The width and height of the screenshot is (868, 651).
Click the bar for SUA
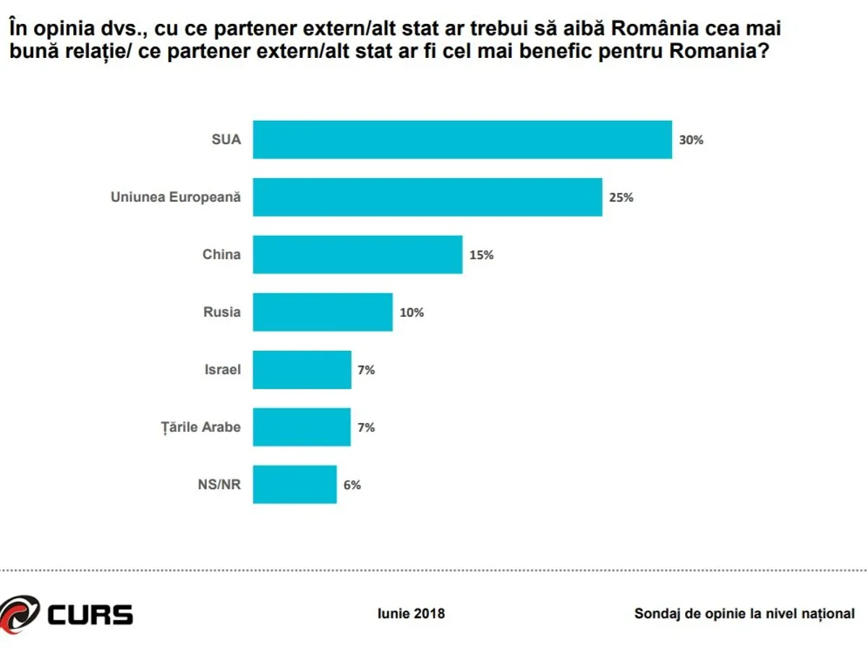point(462,140)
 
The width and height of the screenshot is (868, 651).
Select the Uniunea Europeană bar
point(427,197)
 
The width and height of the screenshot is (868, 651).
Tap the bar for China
point(357,255)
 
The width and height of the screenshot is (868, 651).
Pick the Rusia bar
point(323,312)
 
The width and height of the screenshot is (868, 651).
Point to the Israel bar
point(302,370)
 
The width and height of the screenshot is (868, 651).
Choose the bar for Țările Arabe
point(302,427)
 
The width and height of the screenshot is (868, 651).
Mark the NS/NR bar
point(294,485)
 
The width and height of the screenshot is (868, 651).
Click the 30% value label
point(691,140)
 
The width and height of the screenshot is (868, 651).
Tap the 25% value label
point(621,197)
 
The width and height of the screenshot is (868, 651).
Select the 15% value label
point(481,255)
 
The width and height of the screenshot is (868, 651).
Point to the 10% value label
point(412,312)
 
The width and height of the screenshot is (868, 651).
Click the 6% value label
point(352,485)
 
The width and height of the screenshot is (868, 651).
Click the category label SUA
point(226,140)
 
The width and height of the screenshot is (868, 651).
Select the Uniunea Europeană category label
point(175,197)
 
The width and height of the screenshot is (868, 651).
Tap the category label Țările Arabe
point(200,427)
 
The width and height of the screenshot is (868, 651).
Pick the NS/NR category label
point(220,485)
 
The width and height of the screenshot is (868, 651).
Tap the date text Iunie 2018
point(412,613)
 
